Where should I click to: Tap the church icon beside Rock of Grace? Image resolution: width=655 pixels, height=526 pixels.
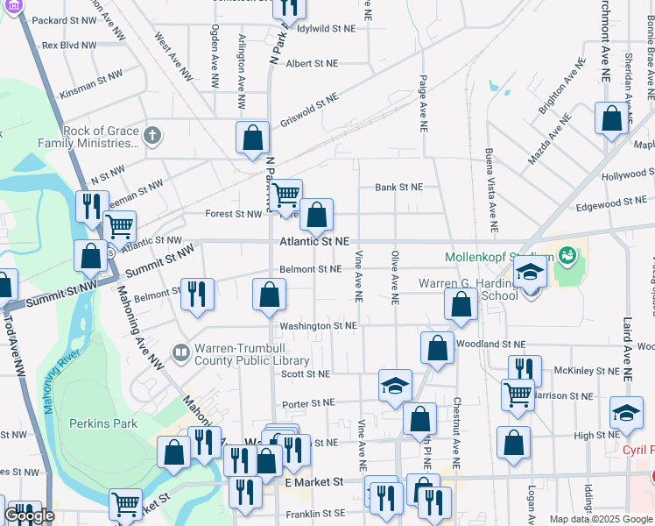point(152,135)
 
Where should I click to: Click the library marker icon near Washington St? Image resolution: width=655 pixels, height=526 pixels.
point(181,352)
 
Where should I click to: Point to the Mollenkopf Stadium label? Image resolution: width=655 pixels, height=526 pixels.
point(499,257)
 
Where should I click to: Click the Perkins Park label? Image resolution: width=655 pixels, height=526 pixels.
point(103,423)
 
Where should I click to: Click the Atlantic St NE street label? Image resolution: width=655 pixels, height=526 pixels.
point(314,241)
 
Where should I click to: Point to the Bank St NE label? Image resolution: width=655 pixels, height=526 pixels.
point(398,187)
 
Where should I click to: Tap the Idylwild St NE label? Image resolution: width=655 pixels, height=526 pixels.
point(326,28)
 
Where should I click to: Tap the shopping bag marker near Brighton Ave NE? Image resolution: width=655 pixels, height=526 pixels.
point(611,117)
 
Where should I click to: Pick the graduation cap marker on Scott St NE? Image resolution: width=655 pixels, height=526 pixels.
point(395,385)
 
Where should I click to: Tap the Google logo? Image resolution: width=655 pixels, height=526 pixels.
point(29,515)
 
